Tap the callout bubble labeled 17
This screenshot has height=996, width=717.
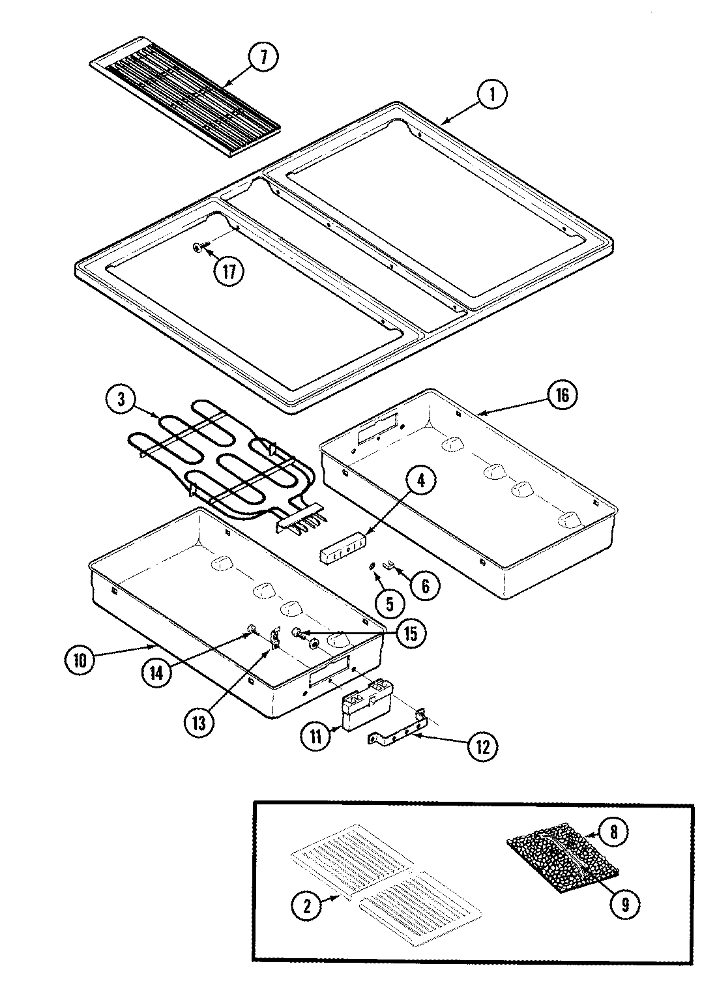pyautogui.click(x=228, y=272)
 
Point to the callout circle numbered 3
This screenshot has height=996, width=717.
pyautogui.click(x=122, y=400)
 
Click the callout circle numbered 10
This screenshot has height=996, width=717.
pyautogui.click(x=80, y=660)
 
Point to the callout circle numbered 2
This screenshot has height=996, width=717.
pyautogui.click(x=307, y=903)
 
